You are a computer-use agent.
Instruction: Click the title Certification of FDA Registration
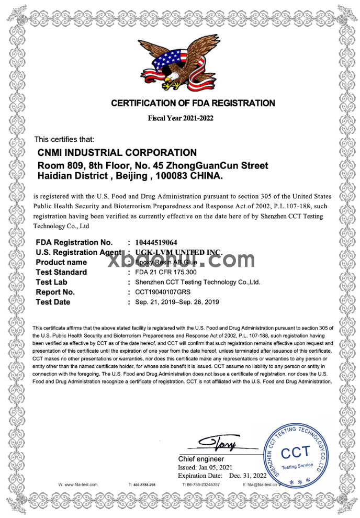coord(193,104)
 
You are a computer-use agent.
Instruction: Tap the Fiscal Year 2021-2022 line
coord(181,118)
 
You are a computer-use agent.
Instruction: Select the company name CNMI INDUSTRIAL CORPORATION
coord(117,153)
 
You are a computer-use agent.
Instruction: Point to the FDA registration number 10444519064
coord(156,242)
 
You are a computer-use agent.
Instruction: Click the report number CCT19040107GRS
coord(162,292)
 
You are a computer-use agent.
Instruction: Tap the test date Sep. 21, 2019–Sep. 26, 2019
coord(177,302)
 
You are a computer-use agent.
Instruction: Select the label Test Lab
coord(51,282)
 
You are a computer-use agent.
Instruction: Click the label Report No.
coord(55,292)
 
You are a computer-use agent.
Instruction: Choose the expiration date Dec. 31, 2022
coord(248,476)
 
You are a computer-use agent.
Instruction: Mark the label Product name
coord(61,262)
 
